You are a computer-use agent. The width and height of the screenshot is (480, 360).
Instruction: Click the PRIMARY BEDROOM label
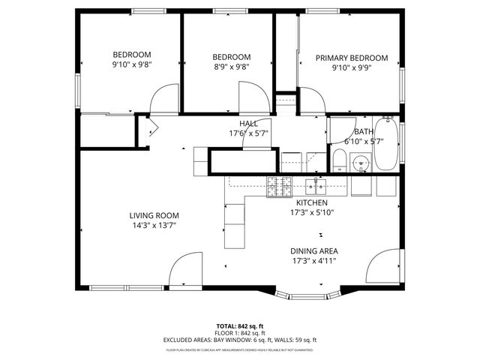pyautogui.click(x=351, y=58)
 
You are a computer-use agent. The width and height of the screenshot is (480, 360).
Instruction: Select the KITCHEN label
pyautogui.click(x=311, y=202)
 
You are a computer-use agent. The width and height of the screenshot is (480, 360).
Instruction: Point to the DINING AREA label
pyautogui.click(x=313, y=251)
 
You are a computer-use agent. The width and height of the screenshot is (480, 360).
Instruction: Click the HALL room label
pyautogui.click(x=248, y=124)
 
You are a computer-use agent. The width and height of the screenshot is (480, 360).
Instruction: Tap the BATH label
pyautogui.click(x=363, y=131)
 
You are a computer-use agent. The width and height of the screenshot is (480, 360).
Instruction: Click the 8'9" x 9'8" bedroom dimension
pyautogui.click(x=231, y=67)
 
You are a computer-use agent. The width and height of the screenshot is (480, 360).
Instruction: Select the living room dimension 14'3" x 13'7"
pyautogui.click(x=154, y=225)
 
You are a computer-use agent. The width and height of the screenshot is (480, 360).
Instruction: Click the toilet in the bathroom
pyautogui.click(x=339, y=160)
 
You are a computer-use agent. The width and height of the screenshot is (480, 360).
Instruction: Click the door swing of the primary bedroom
pyautogui.click(x=312, y=100)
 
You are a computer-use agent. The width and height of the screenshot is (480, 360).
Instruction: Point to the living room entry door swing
pyautogui.click(x=184, y=271)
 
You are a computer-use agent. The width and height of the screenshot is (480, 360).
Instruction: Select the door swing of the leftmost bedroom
pyautogui.click(x=163, y=100)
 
